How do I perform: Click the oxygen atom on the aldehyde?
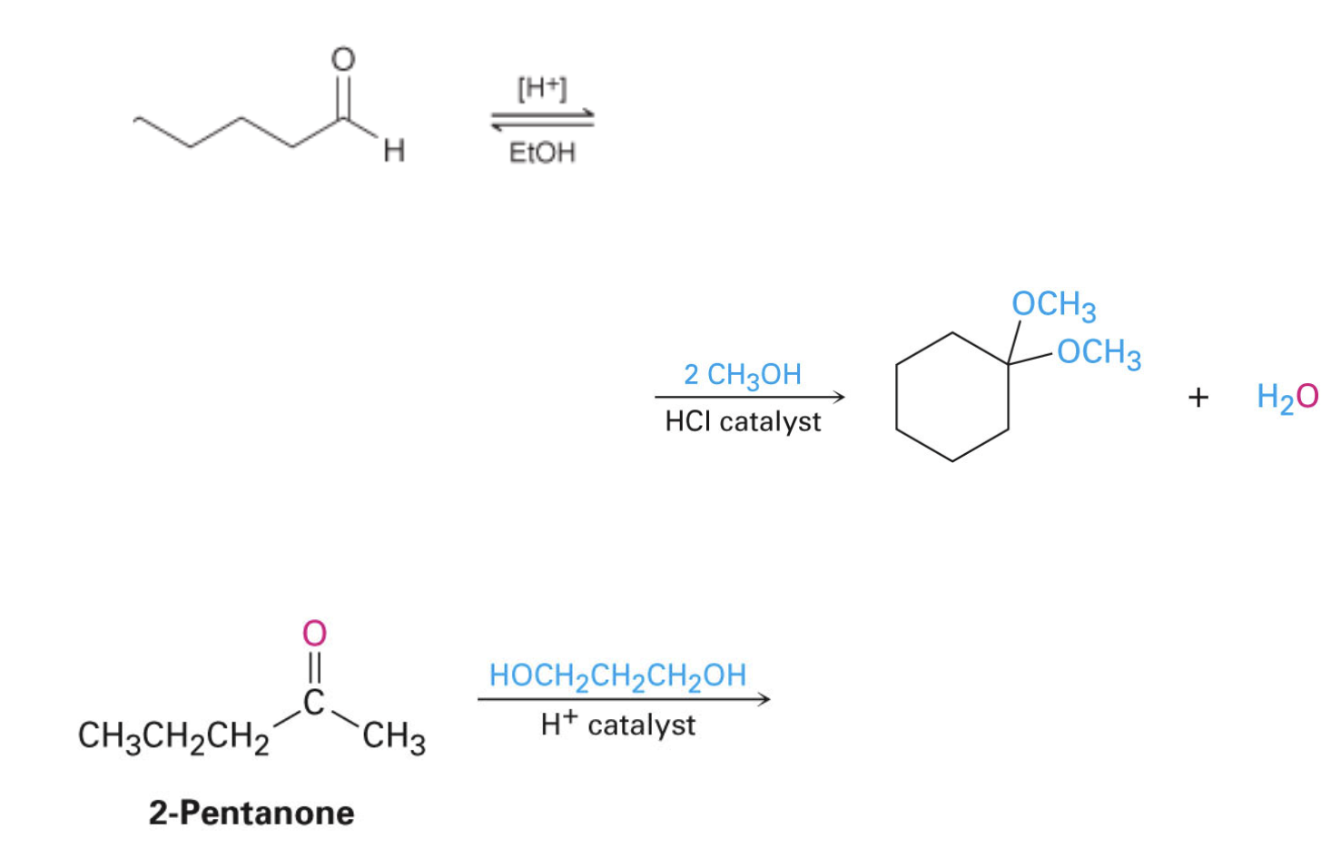(342, 60)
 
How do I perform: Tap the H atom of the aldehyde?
(393, 151)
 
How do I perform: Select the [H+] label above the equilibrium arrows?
(542, 89)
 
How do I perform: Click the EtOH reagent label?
(542, 153)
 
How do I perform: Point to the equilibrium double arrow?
(542, 120)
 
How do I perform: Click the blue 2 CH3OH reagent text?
(742, 374)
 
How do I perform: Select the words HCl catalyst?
(743, 421)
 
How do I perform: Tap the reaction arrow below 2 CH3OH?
(749, 397)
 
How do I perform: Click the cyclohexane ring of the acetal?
(951, 397)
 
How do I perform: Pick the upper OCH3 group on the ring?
(1054, 305)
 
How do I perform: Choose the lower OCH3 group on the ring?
(1099, 352)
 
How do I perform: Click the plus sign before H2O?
(1198, 397)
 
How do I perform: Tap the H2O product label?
(1287, 397)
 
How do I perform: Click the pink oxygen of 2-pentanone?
(314, 633)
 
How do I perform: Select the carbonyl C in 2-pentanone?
(314, 702)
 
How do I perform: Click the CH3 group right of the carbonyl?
(393, 736)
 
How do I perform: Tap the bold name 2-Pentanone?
(251, 813)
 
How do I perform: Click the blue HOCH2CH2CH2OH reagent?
(617, 676)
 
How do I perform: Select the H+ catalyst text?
(617, 725)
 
